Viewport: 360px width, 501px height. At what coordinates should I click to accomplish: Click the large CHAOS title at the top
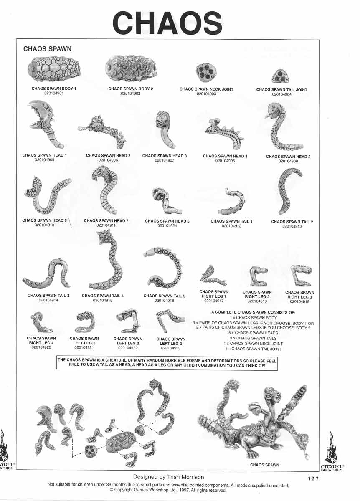pyautogui.click(x=167, y=23)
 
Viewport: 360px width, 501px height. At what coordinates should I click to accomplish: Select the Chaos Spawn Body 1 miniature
pyautogui.click(x=54, y=70)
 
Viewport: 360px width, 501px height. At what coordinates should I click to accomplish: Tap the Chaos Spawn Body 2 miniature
pyautogui.click(x=131, y=70)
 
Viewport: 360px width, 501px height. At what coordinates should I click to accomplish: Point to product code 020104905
pyautogui.click(x=45, y=160)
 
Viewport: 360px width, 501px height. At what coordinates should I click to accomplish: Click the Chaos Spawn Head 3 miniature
pyautogui.click(x=164, y=129)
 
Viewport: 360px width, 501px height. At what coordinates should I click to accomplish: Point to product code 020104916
pyautogui.click(x=164, y=300)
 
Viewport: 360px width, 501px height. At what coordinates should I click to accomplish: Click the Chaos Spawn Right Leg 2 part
pyautogui.click(x=258, y=276)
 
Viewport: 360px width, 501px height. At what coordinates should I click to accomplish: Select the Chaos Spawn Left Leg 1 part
pyautogui.click(x=85, y=322)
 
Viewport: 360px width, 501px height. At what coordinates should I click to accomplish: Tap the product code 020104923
pyautogui.click(x=171, y=347)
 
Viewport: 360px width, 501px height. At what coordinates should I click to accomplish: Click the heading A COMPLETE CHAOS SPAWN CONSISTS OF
pyautogui.click(x=253, y=312)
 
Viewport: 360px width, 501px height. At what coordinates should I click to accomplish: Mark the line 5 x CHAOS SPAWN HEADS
pyautogui.click(x=253, y=333)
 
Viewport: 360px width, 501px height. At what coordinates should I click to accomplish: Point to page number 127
pyautogui.click(x=312, y=479)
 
